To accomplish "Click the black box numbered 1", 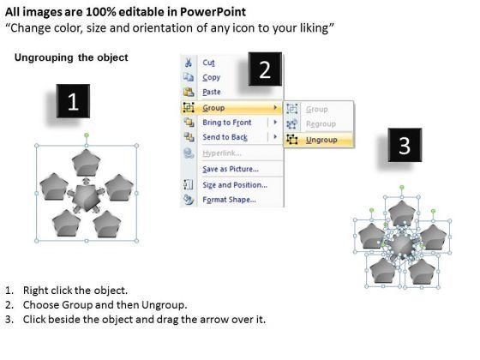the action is click(73, 101).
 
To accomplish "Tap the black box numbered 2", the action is click(265, 69).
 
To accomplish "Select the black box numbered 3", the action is click(405, 145).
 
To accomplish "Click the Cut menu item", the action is click(208, 63).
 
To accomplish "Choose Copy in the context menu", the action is click(211, 77).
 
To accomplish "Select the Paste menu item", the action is click(212, 92).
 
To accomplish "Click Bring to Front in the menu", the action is click(227, 123).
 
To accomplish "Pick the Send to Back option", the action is click(225, 137).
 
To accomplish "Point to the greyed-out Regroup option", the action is click(321, 124).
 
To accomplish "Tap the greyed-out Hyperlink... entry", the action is click(222, 153).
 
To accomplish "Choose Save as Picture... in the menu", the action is click(231, 169).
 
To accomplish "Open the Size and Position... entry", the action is click(235, 185).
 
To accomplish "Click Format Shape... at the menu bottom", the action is click(230, 200).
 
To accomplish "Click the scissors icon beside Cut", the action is click(189, 63).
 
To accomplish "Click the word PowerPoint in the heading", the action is click(213, 12).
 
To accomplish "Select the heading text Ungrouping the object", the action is click(71, 57).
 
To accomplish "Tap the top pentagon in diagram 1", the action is click(87, 163).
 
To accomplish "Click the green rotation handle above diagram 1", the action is click(87, 135).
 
